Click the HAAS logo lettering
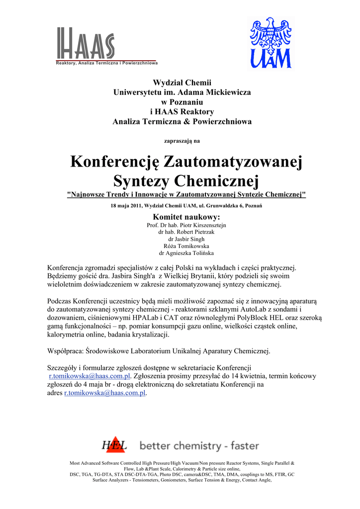(85, 44)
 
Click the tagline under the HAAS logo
(106, 63)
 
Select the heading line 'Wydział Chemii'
(182, 82)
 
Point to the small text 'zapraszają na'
(182, 141)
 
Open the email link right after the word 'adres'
(105, 393)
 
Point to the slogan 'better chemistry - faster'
(199, 446)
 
